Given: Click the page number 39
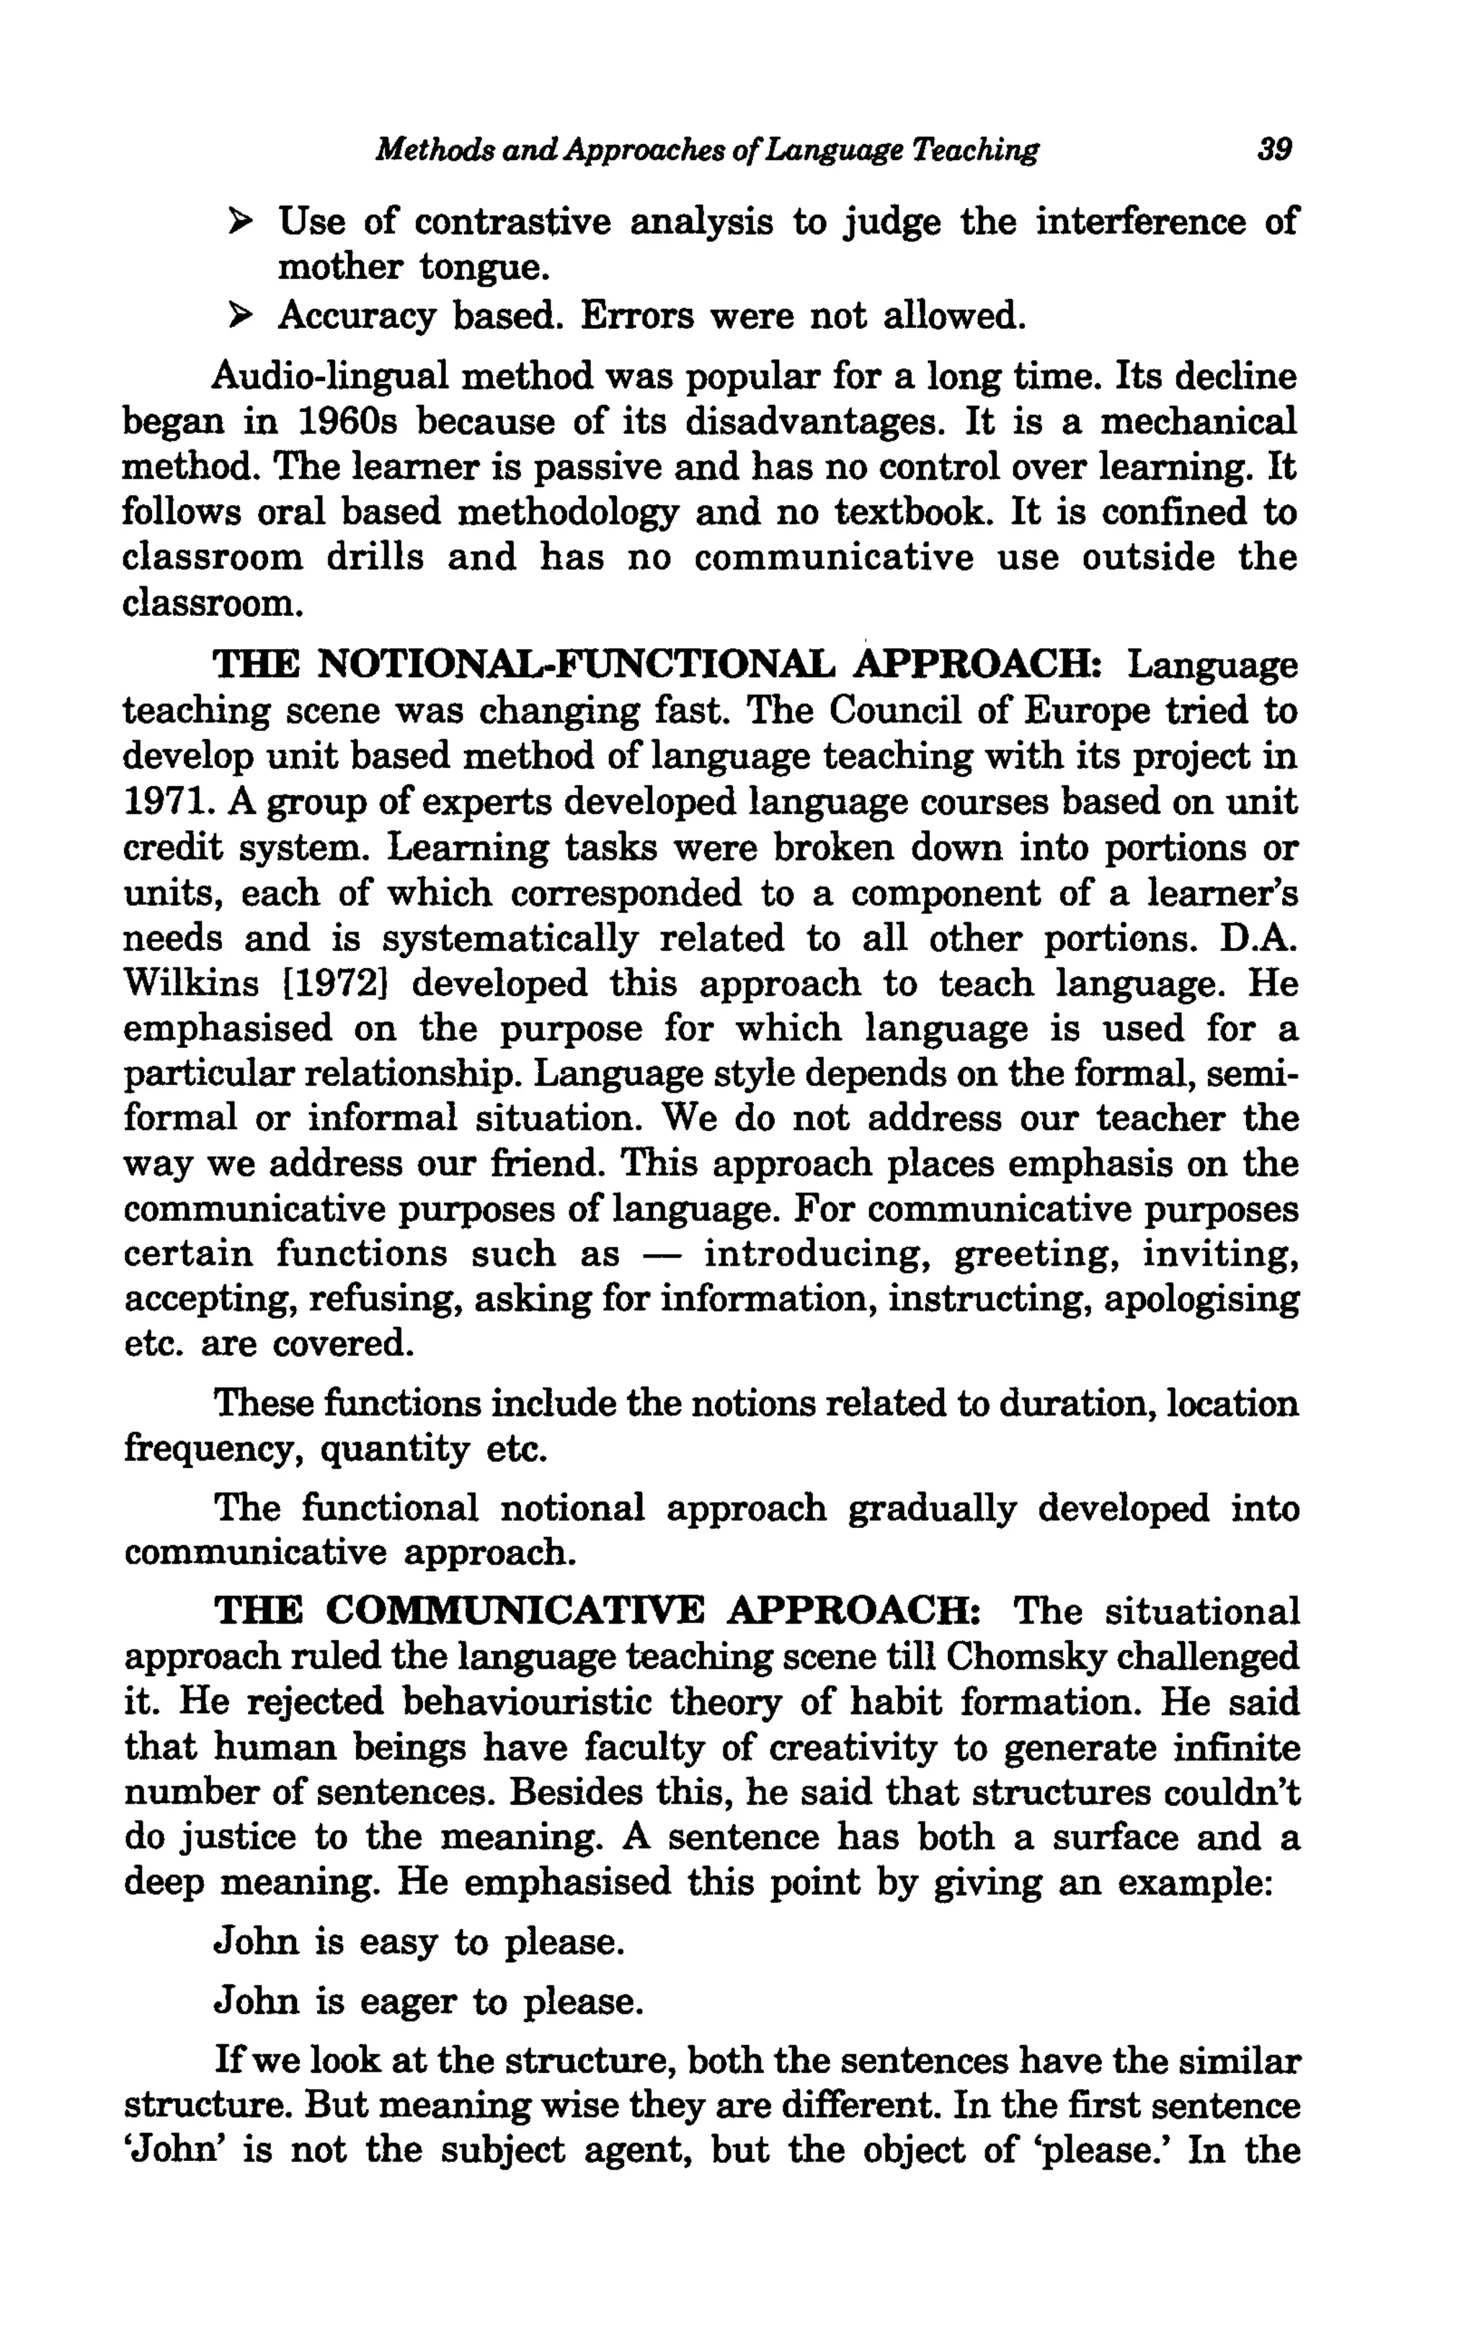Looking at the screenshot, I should (1273, 150).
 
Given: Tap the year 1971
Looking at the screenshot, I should (160, 802).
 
